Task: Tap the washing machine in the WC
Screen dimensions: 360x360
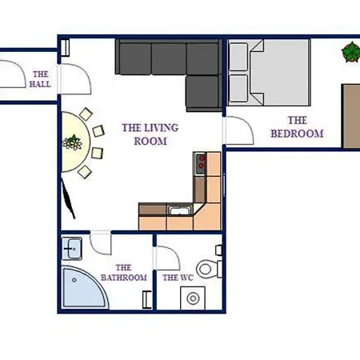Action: coord(193,298)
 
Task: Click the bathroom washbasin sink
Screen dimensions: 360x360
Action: coord(72,249)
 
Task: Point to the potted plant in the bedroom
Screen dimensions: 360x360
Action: coord(350,52)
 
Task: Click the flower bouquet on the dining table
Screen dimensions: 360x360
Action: coord(72,142)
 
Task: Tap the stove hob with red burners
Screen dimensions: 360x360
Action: coord(200,163)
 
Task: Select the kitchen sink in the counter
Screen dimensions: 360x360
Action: coord(180,210)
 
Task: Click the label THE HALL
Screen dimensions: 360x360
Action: coord(40,79)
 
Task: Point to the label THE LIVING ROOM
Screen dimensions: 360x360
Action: coord(150,134)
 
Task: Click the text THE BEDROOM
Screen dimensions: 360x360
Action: coord(297,127)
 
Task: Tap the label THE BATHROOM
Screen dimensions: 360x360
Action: coord(124,273)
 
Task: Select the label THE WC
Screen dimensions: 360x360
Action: coord(178,278)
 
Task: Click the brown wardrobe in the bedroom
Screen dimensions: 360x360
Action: coord(351,116)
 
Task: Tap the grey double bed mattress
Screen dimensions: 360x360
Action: coord(279,73)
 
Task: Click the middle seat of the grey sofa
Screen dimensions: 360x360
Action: coord(169,58)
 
